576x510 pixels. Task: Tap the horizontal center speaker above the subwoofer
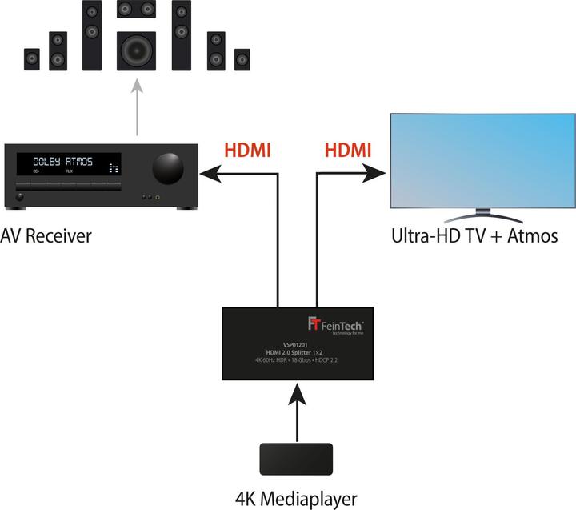(136, 10)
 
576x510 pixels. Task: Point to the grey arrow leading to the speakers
(136, 104)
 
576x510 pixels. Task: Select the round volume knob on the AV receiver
(168, 168)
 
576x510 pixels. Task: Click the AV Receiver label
(46, 236)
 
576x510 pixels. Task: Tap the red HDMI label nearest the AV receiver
(246, 151)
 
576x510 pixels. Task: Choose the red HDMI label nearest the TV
(347, 151)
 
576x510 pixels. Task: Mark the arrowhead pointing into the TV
(378, 171)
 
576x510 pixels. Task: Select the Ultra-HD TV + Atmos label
(474, 237)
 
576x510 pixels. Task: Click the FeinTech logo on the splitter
(336, 325)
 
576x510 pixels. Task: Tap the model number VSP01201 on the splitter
(295, 345)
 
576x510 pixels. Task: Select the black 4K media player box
(296, 459)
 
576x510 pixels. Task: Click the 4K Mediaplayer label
(296, 499)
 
